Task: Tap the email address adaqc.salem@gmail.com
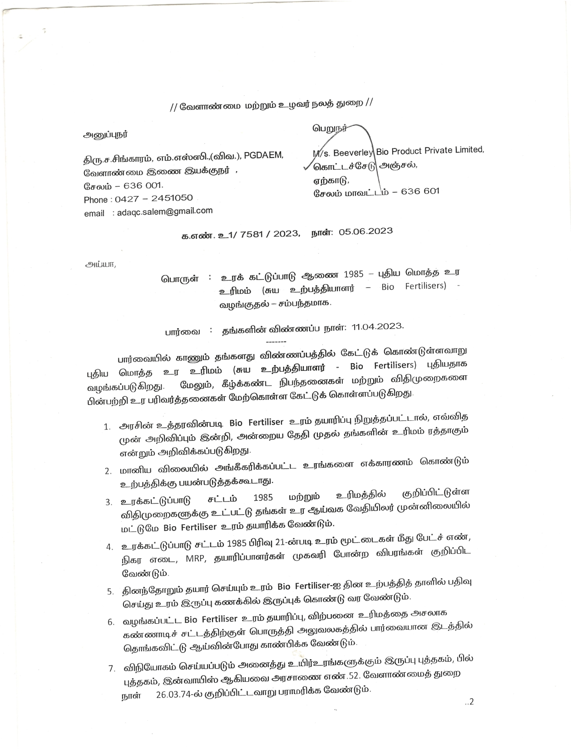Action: click(164, 212)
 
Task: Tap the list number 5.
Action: click(110, 591)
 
